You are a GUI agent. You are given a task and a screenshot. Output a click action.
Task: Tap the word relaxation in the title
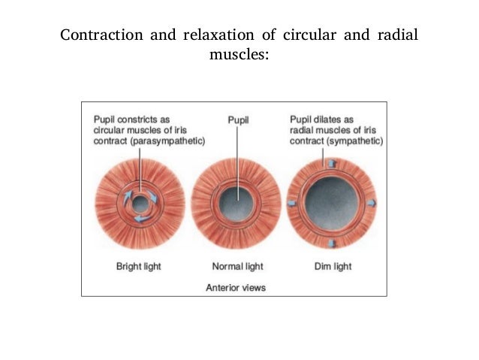pyautogui.click(x=216, y=35)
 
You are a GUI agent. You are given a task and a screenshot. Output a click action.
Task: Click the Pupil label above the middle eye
pyautogui.click(x=238, y=119)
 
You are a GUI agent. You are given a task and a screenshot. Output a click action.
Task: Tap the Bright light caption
pyautogui.click(x=138, y=265)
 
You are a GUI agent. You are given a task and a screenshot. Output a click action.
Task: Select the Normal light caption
pyautogui.click(x=237, y=265)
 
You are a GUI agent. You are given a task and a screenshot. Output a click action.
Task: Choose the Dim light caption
pyautogui.click(x=332, y=265)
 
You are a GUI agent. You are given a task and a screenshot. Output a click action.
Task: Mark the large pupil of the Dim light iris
pyautogui.click(x=331, y=202)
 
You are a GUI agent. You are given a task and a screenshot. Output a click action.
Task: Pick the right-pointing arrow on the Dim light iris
pyautogui.click(x=372, y=203)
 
